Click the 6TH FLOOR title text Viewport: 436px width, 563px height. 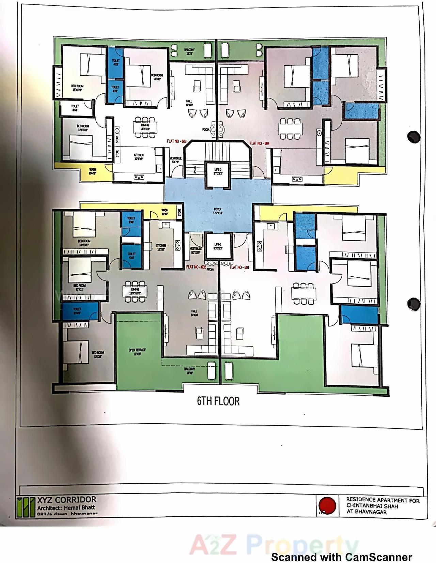click(218, 401)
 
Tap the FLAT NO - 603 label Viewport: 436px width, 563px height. click(177, 141)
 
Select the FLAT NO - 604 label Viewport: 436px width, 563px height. click(259, 143)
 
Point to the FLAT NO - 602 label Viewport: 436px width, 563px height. click(196, 267)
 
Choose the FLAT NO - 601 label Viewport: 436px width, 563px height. click(239, 267)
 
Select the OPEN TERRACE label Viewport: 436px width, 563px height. click(137, 352)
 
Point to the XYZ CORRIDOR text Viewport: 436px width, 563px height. click(67, 500)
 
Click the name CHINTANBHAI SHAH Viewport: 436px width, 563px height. click(372, 506)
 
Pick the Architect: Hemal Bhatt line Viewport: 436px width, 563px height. click(66, 507)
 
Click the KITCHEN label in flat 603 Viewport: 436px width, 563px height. click(139, 156)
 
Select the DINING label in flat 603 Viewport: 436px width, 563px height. click(145, 127)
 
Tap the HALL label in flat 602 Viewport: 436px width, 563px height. click(194, 313)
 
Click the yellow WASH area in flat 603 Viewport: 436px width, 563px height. click(92, 171)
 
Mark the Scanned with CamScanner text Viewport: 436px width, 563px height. click(341, 557)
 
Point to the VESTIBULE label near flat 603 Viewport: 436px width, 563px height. click(176, 160)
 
